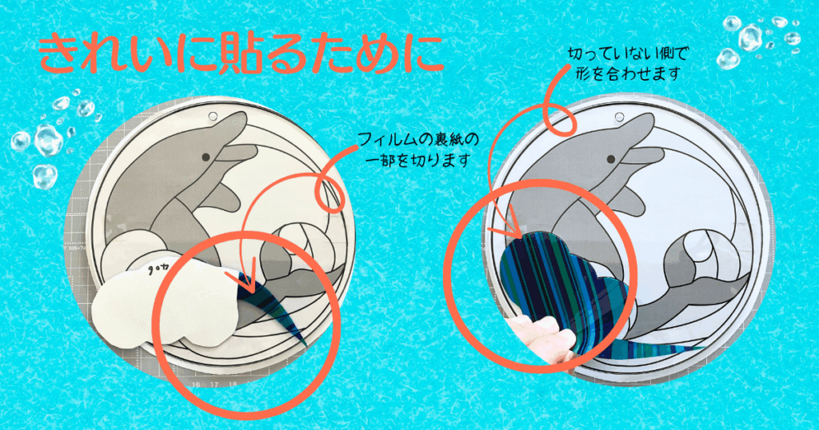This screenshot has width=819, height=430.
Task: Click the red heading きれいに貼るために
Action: (242, 54)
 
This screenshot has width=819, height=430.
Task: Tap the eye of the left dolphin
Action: (206, 157)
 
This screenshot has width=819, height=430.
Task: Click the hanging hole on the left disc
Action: (213, 116)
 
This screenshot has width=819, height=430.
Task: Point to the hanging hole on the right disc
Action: (620, 117)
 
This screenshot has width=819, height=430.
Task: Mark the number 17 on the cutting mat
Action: (214, 384)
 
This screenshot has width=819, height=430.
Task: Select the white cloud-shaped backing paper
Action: (167, 305)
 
